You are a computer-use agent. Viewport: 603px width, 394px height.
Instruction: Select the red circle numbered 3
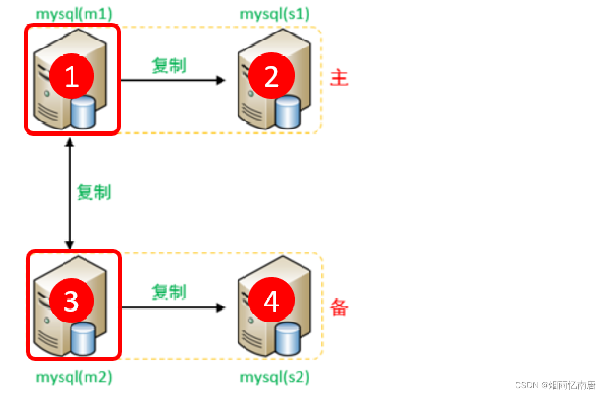pos(71,300)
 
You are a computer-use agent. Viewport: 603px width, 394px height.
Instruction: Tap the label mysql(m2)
pos(74,377)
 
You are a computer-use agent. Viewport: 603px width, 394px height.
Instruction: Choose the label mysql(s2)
pos(275,377)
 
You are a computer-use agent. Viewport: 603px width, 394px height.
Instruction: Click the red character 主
pos(339,78)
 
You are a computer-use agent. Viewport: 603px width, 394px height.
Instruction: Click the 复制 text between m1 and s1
pos(169,65)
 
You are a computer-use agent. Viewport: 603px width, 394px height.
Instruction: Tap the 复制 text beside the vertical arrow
pos(94,192)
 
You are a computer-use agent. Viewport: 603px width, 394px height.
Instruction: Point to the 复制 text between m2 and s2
pos(169,292)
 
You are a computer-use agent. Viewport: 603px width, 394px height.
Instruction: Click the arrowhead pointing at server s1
pos(221,80)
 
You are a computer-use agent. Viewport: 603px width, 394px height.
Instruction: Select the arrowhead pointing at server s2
pos(221,308)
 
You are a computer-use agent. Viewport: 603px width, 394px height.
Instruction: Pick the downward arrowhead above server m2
pos(70,245)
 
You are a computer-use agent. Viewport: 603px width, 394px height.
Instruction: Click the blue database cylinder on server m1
pos(84,113)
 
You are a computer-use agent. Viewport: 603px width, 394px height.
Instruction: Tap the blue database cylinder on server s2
pos(287,338)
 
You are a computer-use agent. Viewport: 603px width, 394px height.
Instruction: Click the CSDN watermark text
pos(555,385)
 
